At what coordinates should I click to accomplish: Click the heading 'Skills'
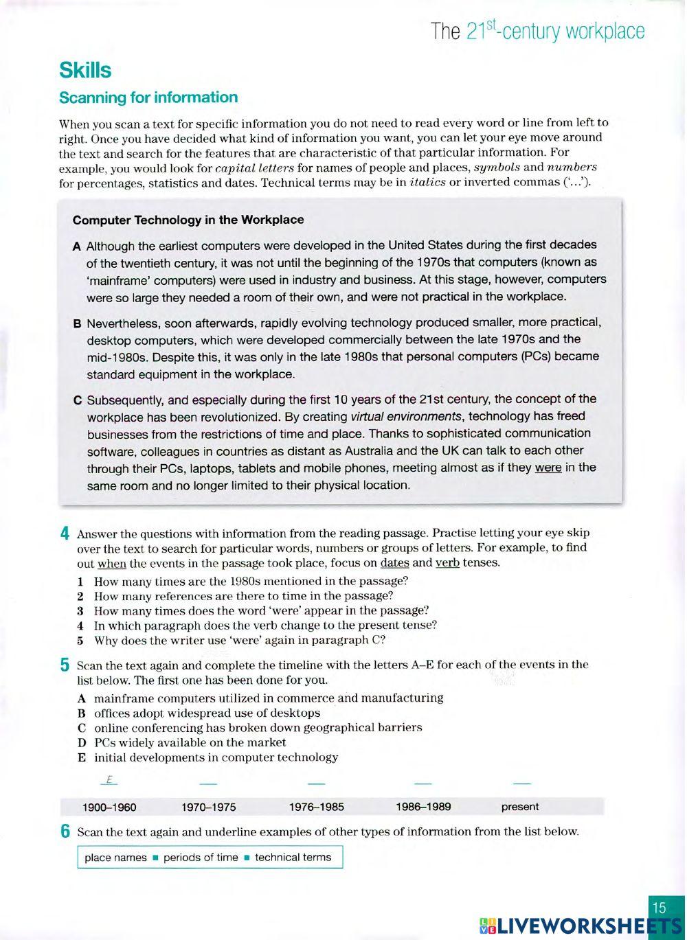point(85,70)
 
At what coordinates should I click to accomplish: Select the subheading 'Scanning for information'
point(148,98)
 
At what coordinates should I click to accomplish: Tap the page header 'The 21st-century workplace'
point(538,31)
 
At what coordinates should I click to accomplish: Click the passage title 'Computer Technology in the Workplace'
point(188,220)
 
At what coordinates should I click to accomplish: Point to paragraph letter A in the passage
point(77,246)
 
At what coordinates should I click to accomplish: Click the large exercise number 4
point(65,534)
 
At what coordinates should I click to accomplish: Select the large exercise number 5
point(65,665)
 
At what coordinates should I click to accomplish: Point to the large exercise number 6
point(65,832)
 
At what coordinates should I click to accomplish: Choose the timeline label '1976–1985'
point(317,807)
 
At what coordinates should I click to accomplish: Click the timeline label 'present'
point(520,807)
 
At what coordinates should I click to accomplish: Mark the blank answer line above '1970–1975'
point(208,783)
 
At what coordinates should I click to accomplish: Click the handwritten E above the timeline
point(109,780)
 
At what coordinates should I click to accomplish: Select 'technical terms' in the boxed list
point(293,857)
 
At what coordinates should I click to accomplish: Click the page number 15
point(659,908)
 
